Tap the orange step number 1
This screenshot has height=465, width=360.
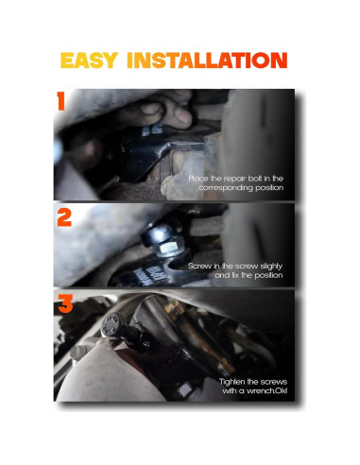click(60, 102)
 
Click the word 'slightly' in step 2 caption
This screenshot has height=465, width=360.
click(283, 267)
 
